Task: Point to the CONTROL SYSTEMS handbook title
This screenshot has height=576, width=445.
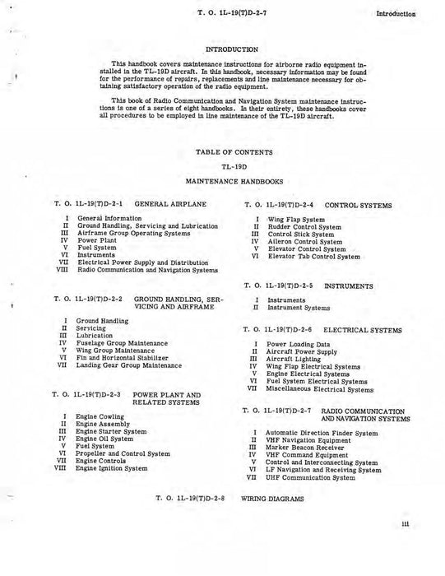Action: (358, 204)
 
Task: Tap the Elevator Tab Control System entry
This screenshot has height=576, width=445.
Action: (314, 257)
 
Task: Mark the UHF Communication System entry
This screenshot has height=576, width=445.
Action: (315, 477)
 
